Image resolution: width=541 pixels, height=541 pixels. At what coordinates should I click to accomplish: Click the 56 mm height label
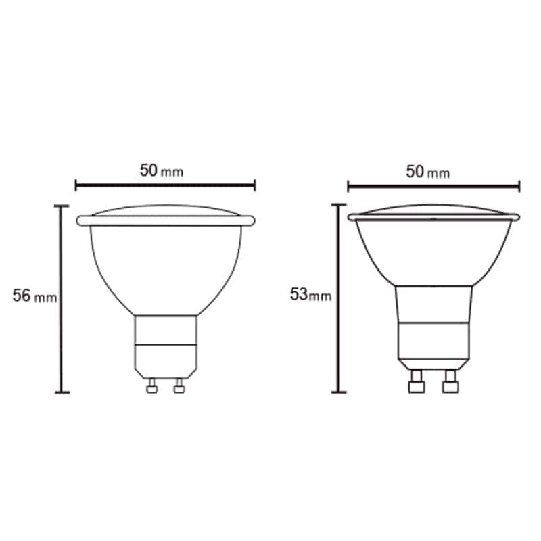[34, 296]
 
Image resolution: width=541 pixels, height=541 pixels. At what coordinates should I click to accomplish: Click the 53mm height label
[310, 295]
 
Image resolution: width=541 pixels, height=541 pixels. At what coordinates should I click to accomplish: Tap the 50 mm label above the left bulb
[162, 170]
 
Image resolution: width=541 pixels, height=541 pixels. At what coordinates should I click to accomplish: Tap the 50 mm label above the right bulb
[428, 172]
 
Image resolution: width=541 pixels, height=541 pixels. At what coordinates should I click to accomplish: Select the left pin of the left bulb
[151, 385]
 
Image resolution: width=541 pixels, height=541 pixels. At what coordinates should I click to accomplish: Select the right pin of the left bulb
[179, 385]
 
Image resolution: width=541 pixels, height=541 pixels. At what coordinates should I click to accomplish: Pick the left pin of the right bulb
[417, 381]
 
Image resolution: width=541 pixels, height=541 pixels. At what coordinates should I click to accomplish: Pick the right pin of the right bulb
[450, 381]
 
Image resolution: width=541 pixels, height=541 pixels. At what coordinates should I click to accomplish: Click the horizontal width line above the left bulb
[165, 185]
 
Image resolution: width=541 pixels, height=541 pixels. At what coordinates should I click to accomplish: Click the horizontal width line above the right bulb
[433, 187]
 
